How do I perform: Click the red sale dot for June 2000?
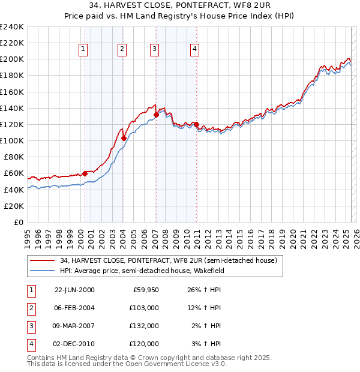pyautogui.click(x=85, y=173)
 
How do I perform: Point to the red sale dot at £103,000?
pyautogui.click(x=124, y=138)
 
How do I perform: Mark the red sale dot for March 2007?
pyautogui.click(x=156, y=115)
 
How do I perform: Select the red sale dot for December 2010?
pyautogui.click(x=197, y=124)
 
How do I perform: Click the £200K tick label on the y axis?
pyautogui.click(x=13, y=59)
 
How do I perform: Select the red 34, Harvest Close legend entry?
pyautogui.click(x=168, y=261)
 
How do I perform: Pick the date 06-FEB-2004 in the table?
pyautogui.click(x=74, y=307)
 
